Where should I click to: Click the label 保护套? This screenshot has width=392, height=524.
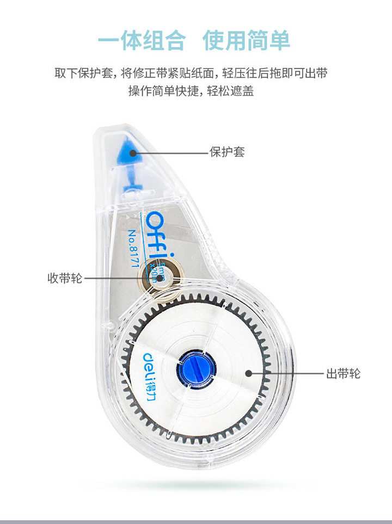coord(227,152)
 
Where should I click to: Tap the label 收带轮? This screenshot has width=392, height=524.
coord(65,279)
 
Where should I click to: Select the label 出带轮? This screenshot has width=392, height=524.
coord(343,374)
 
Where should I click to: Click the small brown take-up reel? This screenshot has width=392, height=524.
coord(158,278)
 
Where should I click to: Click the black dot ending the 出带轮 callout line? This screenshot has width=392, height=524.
coord(248,374)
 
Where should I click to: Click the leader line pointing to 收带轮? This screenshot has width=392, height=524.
coord(117,279)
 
